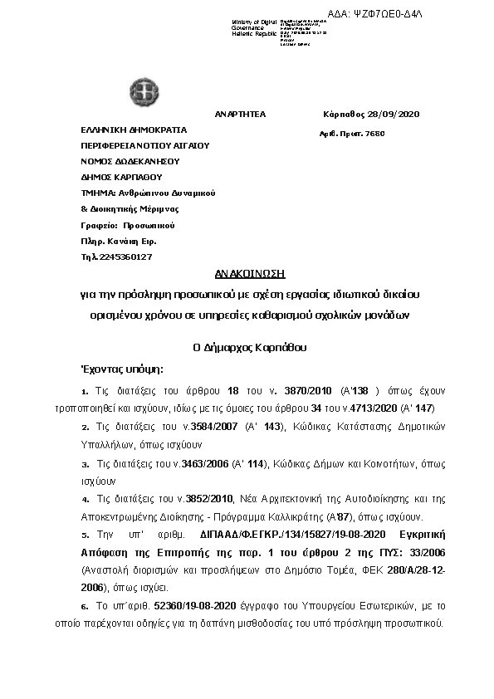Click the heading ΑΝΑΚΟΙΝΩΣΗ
[x=247, y=273]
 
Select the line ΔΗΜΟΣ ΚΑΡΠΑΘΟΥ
[x=121, y=177]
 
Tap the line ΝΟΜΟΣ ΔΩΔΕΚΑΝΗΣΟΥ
[x=130, y=161]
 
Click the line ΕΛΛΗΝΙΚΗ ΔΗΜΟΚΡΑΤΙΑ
[x=134, y=130]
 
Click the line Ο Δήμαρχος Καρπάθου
[x=247, y=348]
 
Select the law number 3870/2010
[x=312, y=389]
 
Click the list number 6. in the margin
[x=85, y=606]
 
